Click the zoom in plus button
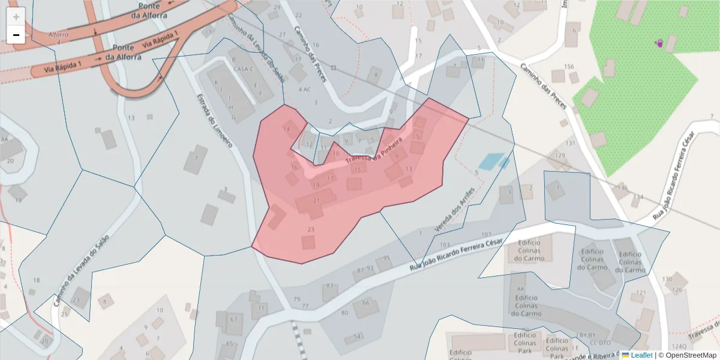click(16, 16)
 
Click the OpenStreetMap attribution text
click(690, 355)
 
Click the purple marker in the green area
click(659, 43)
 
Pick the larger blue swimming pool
click(491, 161)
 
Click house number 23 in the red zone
click(311, 230)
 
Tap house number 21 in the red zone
click(316, 200)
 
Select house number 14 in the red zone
click(287, 128)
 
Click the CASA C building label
click(244, 68)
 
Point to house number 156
click(569, 66)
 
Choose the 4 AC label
click(304, 89)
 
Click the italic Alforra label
click(58, 34)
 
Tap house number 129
click(560, 155)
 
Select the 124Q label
click(679, 346)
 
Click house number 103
click(445, 245)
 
